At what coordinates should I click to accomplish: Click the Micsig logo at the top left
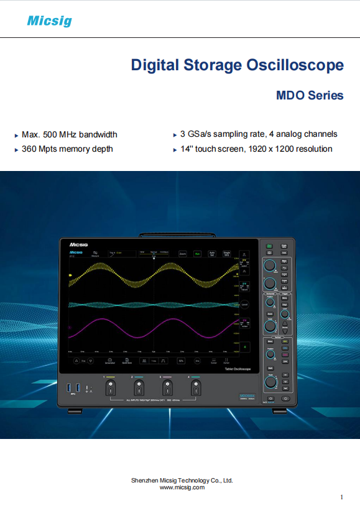pos(49,21)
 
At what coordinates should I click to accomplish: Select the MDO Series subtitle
pos(310,96)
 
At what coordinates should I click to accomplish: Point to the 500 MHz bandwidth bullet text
pos(69,134)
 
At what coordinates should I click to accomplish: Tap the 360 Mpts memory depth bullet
pos(67,149)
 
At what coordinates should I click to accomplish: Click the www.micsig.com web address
pos(182,487)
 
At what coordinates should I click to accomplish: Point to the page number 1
pos(342,497)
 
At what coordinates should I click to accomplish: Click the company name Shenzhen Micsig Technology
pos(182,480)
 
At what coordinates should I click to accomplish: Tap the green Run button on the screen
pos(197,254)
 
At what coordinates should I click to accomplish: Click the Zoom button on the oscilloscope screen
pos(183,254)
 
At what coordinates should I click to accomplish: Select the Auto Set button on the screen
pos(212,254)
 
